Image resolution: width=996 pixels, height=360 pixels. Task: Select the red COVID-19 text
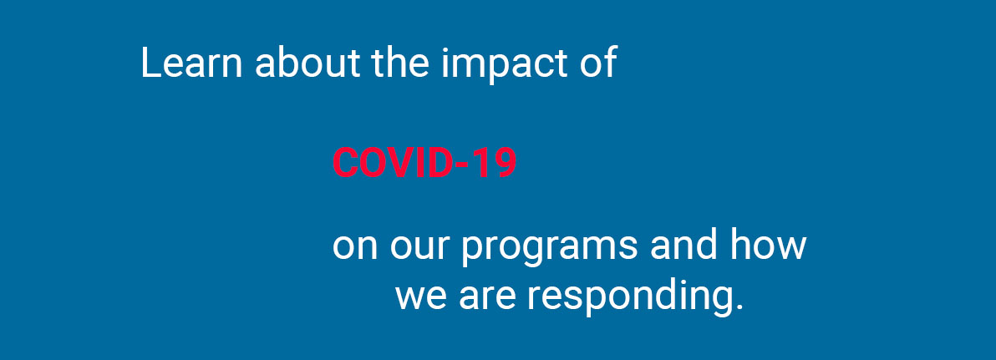tap(424, 163)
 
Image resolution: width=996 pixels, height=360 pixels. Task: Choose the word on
tap(355, 247)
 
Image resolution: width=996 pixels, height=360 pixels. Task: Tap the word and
tap(683, 244)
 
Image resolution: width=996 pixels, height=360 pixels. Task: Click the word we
tap(420, 298)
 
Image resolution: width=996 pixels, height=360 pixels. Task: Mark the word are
tap(486, 298)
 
